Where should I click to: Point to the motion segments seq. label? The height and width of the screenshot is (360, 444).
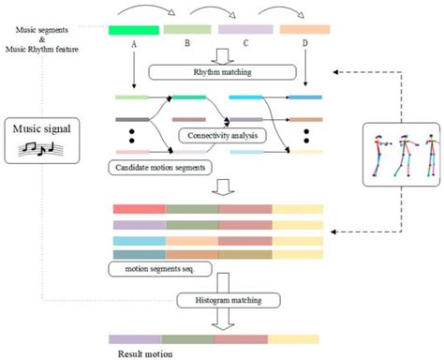pyautogui.click(x=158, y=270)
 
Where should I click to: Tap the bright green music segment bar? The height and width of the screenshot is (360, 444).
pyautogui.click(x=132, y=30)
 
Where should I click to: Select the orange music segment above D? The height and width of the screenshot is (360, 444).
pyautogui.click(x=303, y=30)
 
